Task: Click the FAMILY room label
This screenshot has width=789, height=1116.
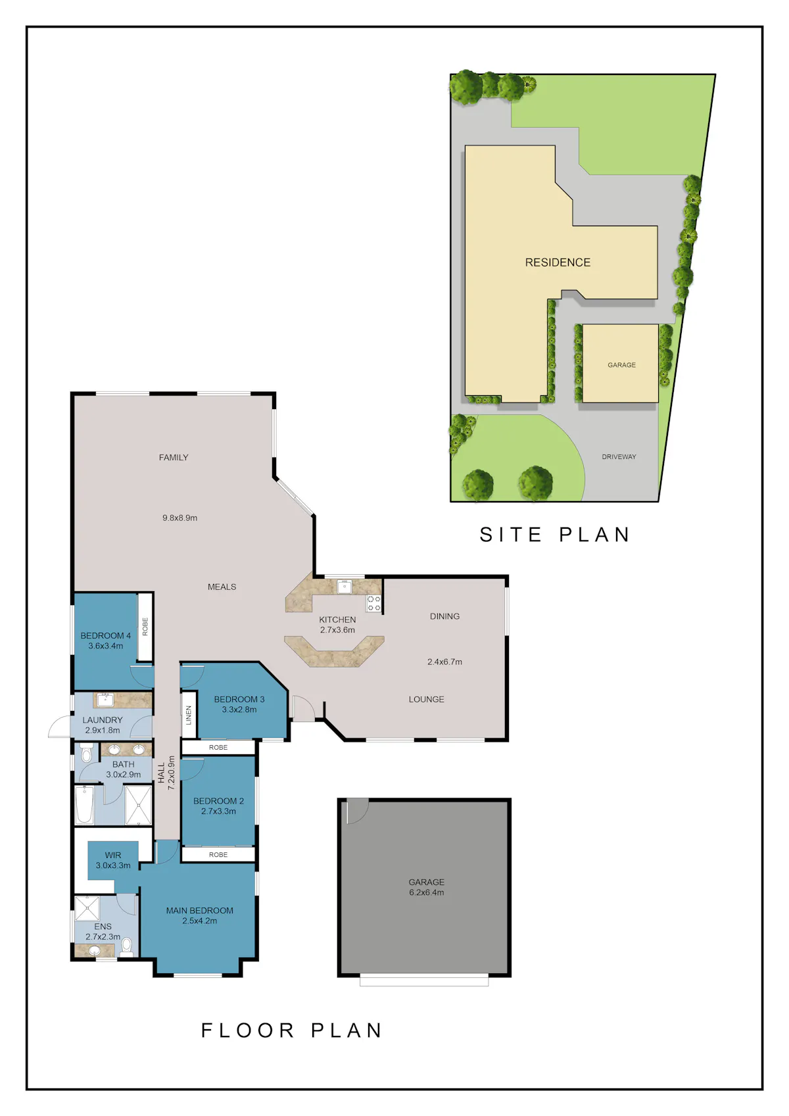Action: point(174,457)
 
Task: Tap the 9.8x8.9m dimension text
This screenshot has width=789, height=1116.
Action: point(179,518)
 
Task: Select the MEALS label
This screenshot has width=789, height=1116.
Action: point(222,587)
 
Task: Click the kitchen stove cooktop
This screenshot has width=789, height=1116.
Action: point(373,603)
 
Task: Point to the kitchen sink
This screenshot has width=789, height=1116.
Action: point(344,587)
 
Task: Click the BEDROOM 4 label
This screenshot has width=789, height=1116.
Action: point(106,636)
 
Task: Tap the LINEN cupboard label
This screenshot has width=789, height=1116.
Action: point(188,715)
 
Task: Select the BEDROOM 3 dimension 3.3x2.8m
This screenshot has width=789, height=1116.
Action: point(239,710)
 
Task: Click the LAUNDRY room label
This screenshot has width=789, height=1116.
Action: point(102,720)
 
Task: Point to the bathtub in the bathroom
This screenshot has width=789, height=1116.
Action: point(85,805)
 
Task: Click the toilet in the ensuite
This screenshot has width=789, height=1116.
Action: point(127,946)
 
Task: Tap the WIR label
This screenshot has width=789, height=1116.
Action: point(113,855)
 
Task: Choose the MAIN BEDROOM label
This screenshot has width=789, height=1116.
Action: point(199,910)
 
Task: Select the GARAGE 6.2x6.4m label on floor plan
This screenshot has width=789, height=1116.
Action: point(426,887)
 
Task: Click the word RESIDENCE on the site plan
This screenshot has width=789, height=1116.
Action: point(558,262)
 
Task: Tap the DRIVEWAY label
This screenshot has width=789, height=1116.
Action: point(619,456)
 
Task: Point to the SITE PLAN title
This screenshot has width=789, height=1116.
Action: point(555,535)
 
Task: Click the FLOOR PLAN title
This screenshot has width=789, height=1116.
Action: point(291,1031)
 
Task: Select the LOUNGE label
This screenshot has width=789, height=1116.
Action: point(426,700)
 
